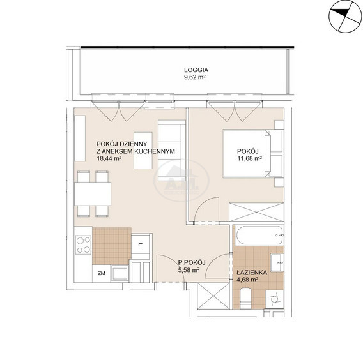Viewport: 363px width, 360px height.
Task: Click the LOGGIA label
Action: (196, 70)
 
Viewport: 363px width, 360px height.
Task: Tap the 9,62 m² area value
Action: (195, 77)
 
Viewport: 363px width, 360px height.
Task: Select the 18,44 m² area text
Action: (109, 158)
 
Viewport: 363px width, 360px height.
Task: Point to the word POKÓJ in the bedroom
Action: (248, 151)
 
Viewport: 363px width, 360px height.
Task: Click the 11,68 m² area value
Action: (249, 158)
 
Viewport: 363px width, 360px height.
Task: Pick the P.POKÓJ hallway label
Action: (192, 262)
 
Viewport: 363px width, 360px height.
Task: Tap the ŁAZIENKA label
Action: (252, 273)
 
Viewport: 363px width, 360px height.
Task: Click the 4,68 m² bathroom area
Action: (247, 280)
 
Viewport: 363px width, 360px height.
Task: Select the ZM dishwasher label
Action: (102, 274)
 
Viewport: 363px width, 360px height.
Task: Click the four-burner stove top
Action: (84, 245)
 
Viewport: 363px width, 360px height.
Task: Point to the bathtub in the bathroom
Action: (259, 235)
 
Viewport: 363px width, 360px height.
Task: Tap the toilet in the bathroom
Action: (245, 298)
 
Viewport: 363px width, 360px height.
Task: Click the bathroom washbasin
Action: (277, 262)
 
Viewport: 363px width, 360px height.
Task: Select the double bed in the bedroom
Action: (253, 154)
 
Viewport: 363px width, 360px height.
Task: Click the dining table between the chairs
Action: (93, 194)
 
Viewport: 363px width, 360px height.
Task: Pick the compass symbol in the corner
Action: (345, 17)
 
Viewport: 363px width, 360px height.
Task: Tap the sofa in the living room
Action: (172, 151)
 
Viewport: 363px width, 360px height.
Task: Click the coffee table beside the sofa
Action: (143, 151)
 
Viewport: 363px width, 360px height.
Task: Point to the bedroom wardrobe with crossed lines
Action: (256, 213)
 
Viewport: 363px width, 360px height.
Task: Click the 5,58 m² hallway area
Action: (189, 270)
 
